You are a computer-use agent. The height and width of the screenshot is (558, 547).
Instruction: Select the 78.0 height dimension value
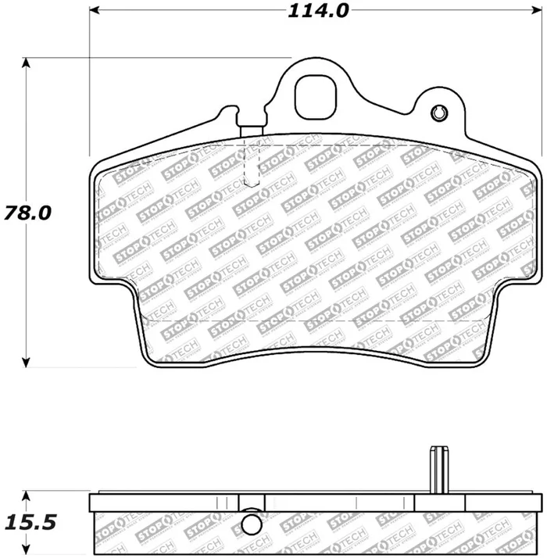tap(30, 212)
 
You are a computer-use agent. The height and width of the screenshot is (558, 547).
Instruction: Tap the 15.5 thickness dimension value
tap(30, 521)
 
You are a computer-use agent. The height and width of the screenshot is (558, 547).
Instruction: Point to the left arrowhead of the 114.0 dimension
tap(95, 12)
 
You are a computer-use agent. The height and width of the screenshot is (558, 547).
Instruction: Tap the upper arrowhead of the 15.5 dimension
tap(27, 498)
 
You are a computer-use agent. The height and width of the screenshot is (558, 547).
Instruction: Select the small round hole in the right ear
tap(438, 113)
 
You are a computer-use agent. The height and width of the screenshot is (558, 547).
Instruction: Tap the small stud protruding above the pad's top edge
tap(252, 130)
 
